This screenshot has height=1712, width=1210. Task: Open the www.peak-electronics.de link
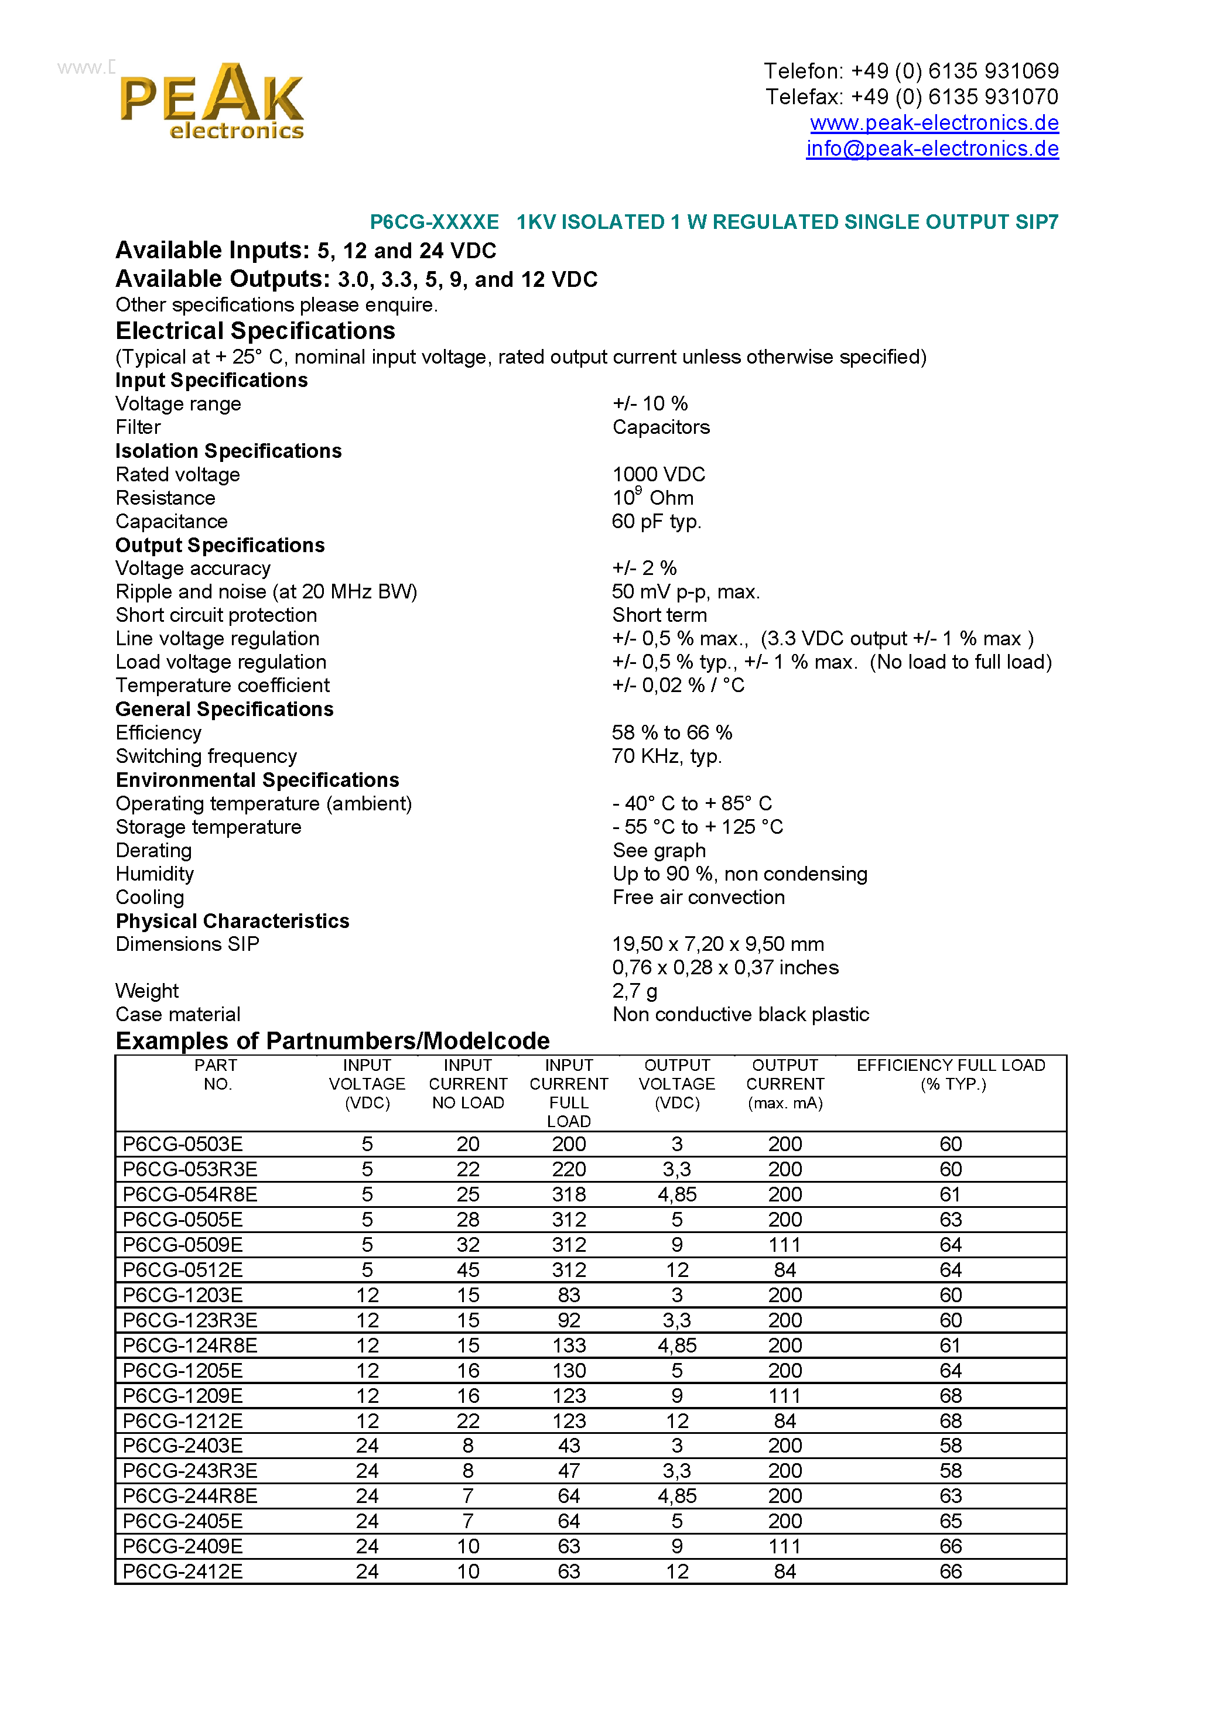934,122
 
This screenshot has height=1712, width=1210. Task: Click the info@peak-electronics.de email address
932,148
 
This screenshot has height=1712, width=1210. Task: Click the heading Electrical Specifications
255,330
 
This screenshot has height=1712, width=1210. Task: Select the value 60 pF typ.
656,521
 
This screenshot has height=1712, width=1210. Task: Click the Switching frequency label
206,756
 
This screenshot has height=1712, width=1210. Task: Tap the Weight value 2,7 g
634,991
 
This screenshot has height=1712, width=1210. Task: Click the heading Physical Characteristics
232,921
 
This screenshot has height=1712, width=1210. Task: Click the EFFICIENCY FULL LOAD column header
951,1074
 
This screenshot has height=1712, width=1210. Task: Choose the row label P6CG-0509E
182,1245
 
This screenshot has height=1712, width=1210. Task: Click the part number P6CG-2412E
182,1571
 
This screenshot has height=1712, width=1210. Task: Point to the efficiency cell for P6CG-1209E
951,1395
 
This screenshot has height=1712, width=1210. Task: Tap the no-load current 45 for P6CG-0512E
468,1270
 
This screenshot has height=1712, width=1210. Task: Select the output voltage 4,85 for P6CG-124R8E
676,1345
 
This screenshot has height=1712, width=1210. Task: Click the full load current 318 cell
569,1194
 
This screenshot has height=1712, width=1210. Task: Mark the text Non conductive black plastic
740,1014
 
